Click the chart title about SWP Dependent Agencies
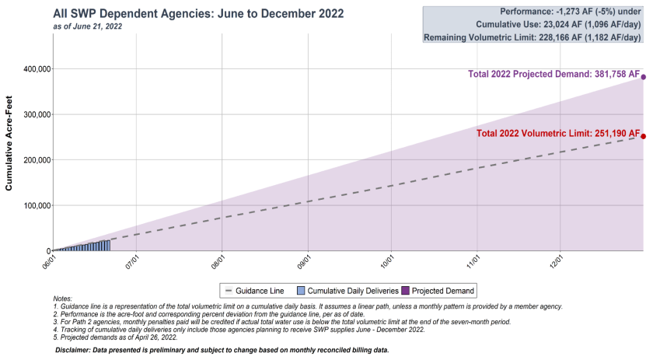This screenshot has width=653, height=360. pyautogui.click(x=198, y=14)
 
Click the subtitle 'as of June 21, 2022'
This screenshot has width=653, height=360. pyautogui.click(x=87, y=26)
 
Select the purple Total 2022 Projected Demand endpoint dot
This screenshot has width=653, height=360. pyautogui.click(x=644, y=77)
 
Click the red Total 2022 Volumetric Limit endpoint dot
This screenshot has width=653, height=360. pyautogui.click(x=644, y=136)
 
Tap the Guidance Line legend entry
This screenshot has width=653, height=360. pyautogui.click(x=253, y=291)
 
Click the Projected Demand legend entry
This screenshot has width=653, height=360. pyautogui.click(x=440, y=291)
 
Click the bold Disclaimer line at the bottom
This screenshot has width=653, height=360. pyautogui.click(x=222, y=351)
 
